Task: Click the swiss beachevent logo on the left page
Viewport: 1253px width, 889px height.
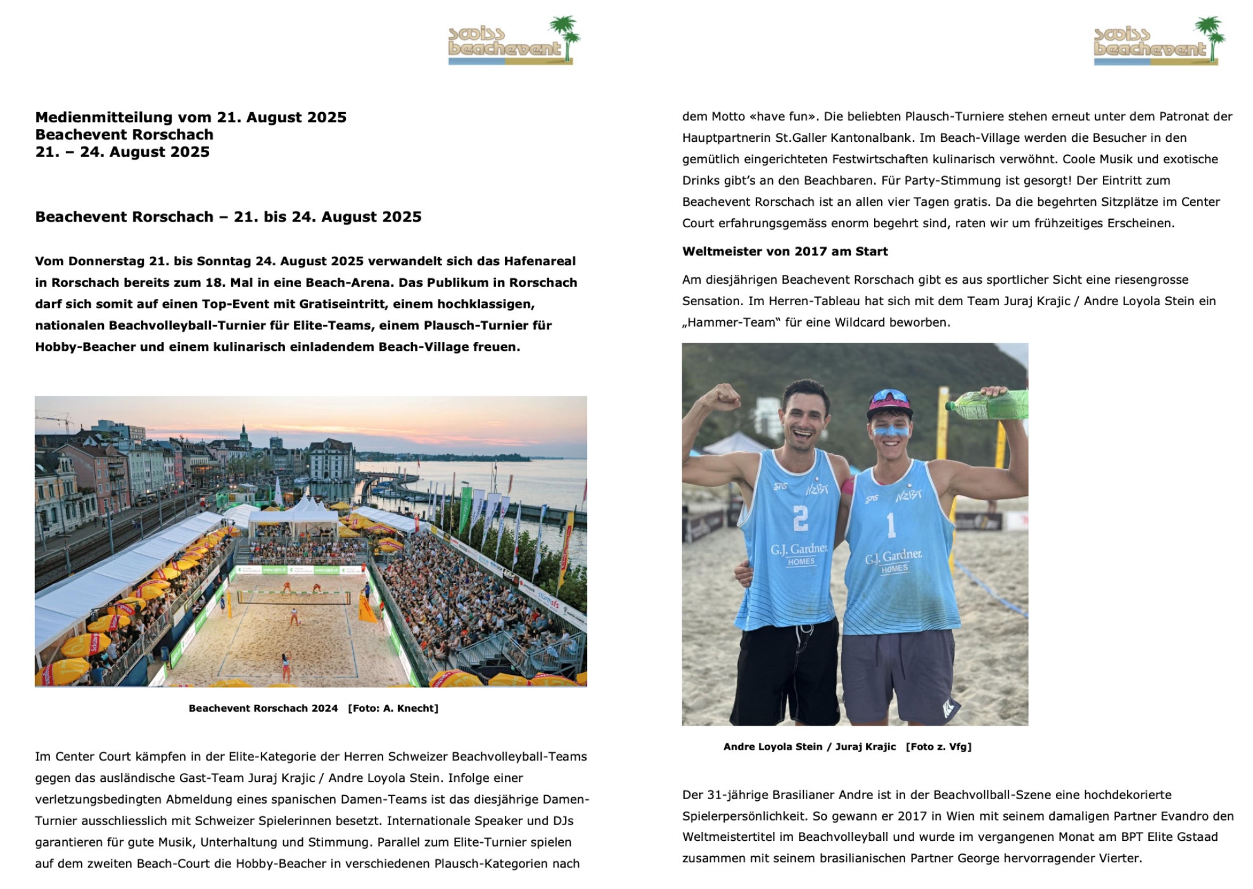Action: point(513,41)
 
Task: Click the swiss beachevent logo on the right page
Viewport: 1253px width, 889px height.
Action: point(1159,41)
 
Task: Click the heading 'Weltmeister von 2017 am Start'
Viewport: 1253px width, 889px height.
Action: point(784,251)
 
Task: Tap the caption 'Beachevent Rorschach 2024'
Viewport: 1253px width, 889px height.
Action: point(263,708)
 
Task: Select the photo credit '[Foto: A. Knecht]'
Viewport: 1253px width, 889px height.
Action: point(393,708)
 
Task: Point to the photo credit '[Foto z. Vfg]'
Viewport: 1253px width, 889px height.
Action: point(938,747)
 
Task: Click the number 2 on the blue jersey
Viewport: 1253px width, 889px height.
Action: point(800,518)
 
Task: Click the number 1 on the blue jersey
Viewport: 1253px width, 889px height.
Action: point(891,525)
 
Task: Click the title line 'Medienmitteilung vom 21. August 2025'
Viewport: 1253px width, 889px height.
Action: point(191,117)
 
